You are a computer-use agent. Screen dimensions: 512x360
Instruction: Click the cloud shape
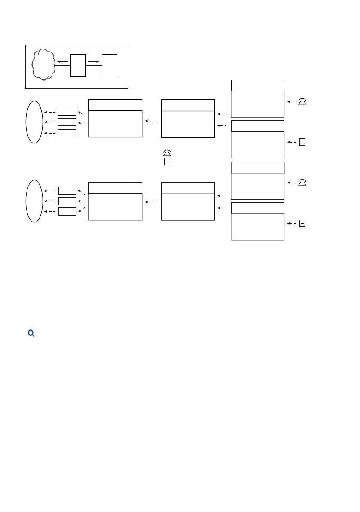(x=43, y=66)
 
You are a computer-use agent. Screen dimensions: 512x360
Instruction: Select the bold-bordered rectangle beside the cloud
(x=78, y=65)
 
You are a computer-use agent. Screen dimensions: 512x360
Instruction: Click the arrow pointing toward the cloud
(x=63, y=62)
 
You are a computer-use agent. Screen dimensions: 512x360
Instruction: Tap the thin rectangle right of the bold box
(x=109, y=65)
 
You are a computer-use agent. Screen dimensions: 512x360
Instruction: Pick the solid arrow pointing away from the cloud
(x=94, y=62)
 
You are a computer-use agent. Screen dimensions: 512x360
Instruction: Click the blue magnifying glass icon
(x=31, y=333)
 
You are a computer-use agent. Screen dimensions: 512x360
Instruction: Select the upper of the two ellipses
(x=34, y=122)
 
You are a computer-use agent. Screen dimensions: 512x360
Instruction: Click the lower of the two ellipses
(x=34, y=201)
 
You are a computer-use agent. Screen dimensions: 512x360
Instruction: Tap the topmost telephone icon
(x=302, y=101)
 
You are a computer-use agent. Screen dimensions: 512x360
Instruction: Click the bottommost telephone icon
(x=302, y=183)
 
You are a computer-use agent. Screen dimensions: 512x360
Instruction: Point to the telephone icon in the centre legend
(x=167, y=153)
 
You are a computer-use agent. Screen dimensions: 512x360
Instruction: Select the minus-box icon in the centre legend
(x=167, y=162)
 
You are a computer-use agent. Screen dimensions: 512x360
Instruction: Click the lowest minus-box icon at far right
(x=302, y=223)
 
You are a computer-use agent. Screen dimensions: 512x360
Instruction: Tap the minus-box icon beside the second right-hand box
(x=302, y=142)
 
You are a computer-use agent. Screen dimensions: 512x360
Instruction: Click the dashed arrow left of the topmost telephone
(x=291, y=102)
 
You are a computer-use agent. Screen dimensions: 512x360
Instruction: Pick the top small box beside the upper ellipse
(x=67, y=112)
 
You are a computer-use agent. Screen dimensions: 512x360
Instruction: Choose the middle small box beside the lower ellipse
(x=67, y=201)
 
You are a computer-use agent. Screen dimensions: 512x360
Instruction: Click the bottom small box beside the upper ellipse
(x=67, y=133)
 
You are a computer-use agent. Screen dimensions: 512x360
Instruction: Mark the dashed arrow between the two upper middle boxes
(x=151, y=121)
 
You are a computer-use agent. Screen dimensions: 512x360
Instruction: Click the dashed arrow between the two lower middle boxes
(x=151, y=202)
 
